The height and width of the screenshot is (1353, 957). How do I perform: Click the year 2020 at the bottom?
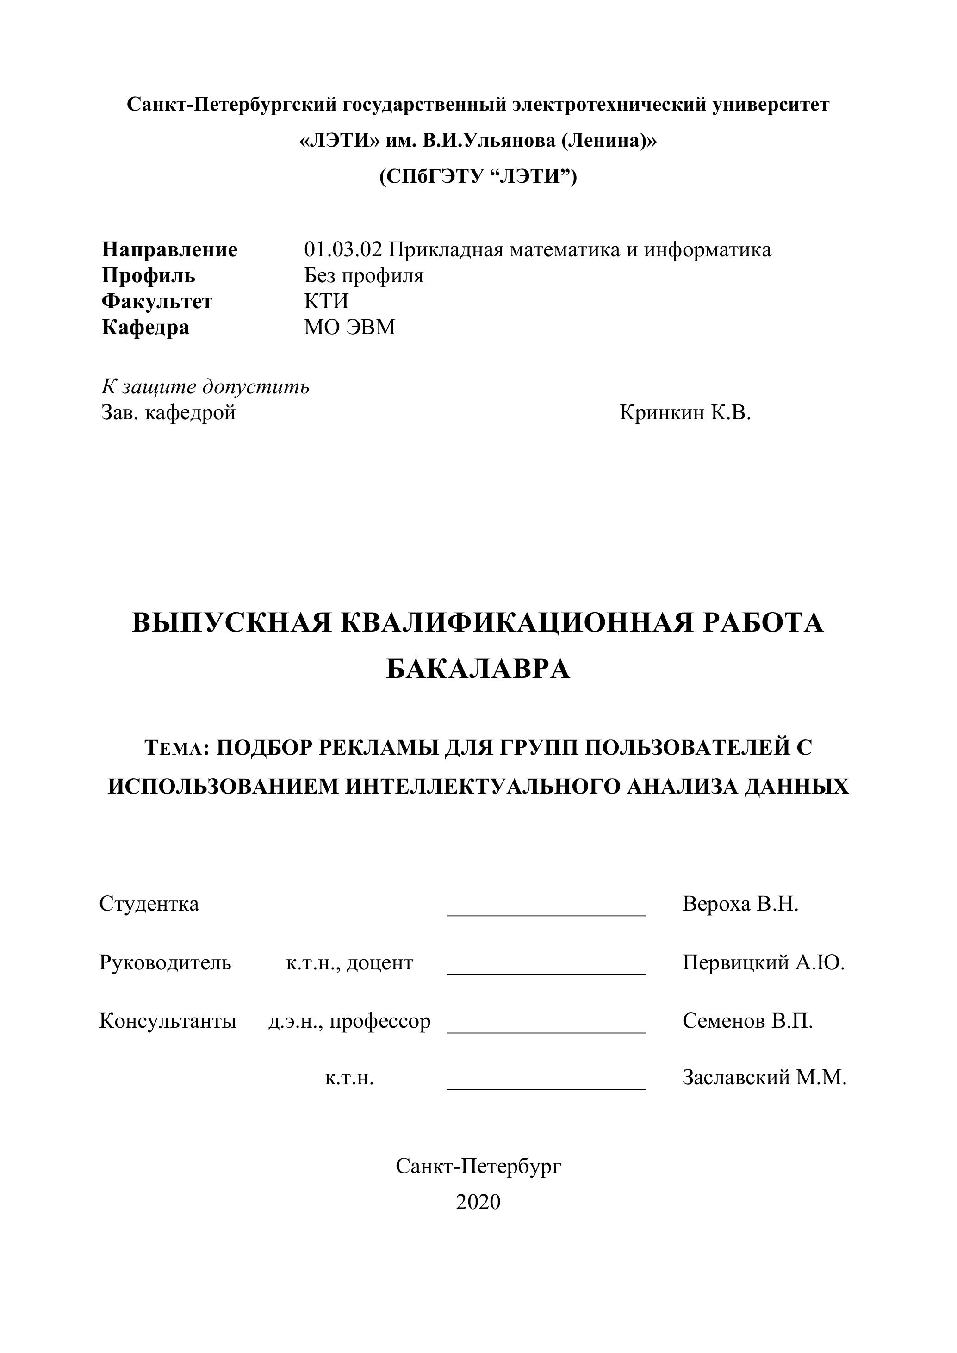478,1202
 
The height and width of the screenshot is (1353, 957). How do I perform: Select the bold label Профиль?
149,276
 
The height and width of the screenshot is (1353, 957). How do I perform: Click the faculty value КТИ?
326,302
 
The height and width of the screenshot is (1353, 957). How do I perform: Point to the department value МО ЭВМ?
349,327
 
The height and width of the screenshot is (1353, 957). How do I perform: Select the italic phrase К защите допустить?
205,387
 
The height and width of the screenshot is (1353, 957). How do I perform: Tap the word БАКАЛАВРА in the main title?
478,670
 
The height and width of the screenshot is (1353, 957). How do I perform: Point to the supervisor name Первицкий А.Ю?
764,963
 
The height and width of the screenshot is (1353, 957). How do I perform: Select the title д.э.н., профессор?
349,1021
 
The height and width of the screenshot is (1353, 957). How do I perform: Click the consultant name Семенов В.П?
748,1021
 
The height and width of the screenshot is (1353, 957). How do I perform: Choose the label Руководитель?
165,963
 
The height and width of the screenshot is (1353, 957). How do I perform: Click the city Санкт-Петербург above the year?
478,1166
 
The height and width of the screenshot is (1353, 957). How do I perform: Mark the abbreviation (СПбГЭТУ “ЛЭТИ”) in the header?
478,176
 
